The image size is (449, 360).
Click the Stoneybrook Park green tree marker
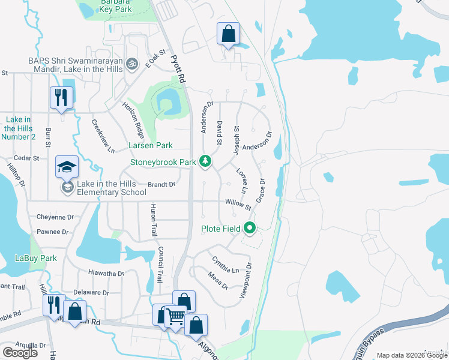click(x=205, y=161)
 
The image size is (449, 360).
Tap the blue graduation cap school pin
click(x=67, y=167)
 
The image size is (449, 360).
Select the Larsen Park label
click(x=150, y=145)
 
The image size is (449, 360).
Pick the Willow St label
click(x=238, y=204)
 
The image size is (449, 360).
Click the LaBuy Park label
click(x=35, y=258)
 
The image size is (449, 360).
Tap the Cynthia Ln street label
click(x=225, y=264)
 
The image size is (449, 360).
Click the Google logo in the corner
click(x=20, y=352)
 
